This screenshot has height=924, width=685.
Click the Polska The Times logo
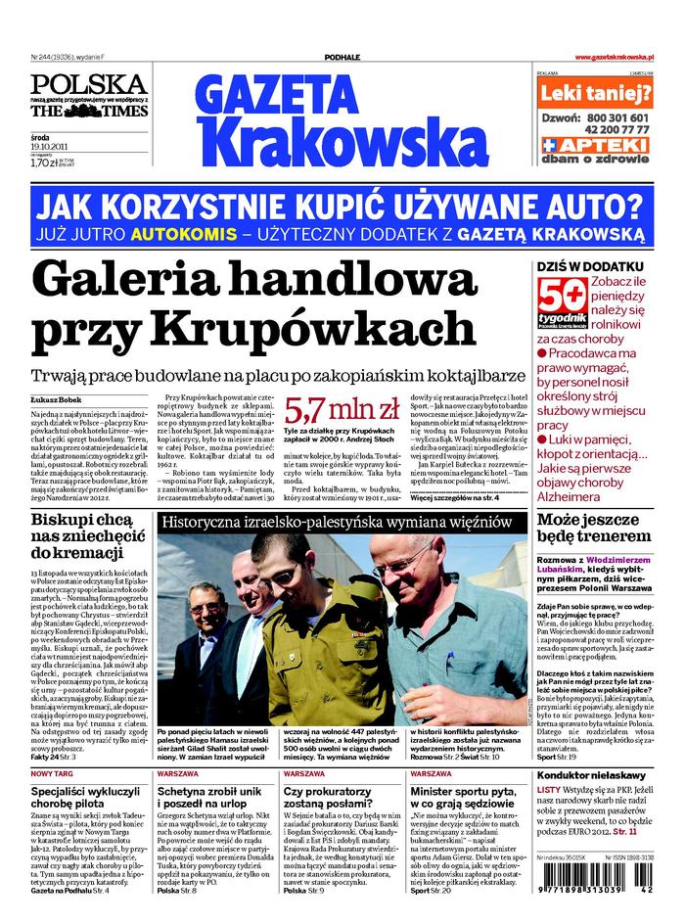coord(88,97)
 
